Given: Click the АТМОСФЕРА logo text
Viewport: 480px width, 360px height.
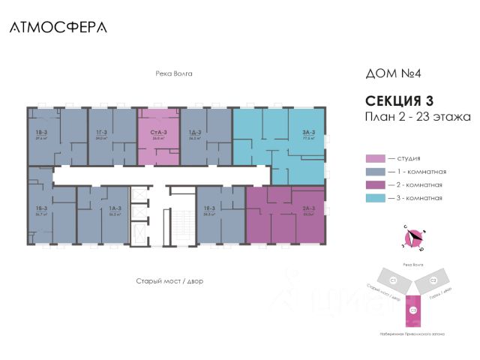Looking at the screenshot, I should coord(58,27).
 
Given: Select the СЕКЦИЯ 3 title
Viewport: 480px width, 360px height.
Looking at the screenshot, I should coord(399,100).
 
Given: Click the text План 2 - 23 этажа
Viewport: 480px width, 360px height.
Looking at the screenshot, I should coord(417,116).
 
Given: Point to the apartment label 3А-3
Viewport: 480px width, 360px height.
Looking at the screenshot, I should coord(308,132).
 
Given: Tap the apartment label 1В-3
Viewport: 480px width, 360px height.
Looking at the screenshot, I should coord(40,132).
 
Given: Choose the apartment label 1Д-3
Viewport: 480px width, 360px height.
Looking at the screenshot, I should coord(196,132).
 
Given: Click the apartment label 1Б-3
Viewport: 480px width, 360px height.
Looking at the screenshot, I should coord(40,208).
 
